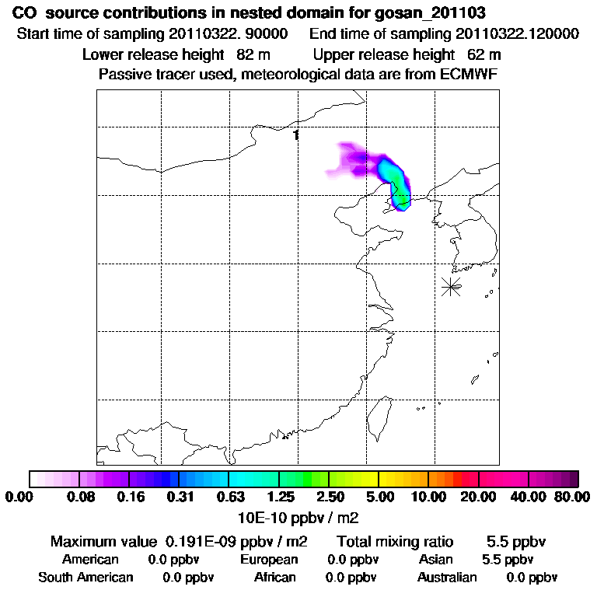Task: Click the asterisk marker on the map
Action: [x=451, y=286]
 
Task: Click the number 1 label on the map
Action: [x=296, y=135]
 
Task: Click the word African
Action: [x=275, y=578]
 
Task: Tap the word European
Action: [x=269, y=560]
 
